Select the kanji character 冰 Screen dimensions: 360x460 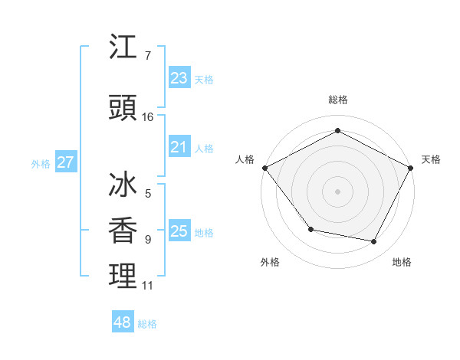tap(123, 186)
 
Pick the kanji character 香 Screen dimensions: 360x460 tap(123, 231)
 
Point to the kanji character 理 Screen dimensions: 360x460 tap(123, 276)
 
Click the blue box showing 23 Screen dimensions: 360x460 tap(179, 78)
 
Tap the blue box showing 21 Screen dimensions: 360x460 tap(179, 147)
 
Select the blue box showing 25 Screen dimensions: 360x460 tap(179, 231)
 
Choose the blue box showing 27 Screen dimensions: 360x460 tap(65, 162)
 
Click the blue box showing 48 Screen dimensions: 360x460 tap(122, 322)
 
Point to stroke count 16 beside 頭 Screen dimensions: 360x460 tap(148, 117)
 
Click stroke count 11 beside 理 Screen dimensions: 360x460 tap(148, 286)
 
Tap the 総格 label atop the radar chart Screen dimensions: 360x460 tap(338, 100)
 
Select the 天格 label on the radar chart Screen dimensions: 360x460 tap(431, 159)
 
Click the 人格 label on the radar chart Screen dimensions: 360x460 tap(245, 159)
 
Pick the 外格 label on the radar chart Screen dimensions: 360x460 tap(270, 262)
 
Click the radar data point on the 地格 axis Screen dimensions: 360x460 tap(374, 242)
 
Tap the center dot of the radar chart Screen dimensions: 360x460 tap(338, 191)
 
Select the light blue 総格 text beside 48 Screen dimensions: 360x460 tap(147, 324)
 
